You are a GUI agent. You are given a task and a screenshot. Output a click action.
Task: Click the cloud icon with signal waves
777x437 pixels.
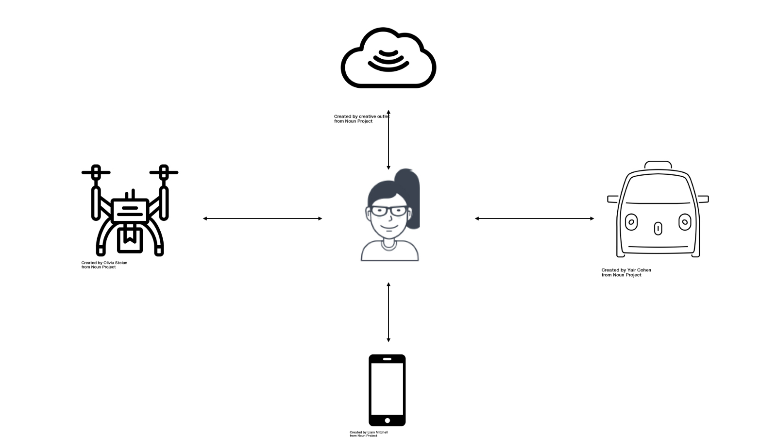[388, 58]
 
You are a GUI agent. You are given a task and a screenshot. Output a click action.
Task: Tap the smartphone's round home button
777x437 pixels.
[387, 420]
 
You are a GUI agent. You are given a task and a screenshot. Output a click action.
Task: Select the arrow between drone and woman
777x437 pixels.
[262, 218]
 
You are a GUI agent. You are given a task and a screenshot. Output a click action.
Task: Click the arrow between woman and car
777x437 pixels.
[534, 218]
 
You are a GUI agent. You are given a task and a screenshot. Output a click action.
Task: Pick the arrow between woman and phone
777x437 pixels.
[388, 312]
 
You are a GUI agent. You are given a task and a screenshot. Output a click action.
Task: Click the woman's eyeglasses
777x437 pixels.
[388, 211]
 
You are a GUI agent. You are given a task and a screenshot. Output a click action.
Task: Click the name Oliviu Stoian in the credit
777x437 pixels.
[115, 263]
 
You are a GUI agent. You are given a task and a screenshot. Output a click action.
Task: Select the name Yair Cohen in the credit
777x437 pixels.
[639, 270]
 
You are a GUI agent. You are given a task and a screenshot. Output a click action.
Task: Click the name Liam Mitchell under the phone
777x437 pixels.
[377, 432]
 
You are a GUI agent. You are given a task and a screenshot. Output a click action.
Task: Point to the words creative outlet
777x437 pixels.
[374, 117]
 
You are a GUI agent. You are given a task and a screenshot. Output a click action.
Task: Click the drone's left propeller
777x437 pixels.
[96, 172]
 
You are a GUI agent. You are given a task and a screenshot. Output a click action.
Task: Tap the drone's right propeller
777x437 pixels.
[164, 172]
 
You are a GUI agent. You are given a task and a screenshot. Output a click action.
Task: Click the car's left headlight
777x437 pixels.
[631, 222]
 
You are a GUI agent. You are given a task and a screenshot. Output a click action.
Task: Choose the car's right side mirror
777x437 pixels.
[703, 199]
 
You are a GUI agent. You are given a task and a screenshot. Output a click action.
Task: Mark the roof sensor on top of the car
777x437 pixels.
[658, 165]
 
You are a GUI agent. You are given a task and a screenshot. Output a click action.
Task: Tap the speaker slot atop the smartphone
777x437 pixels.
[387, 359]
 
